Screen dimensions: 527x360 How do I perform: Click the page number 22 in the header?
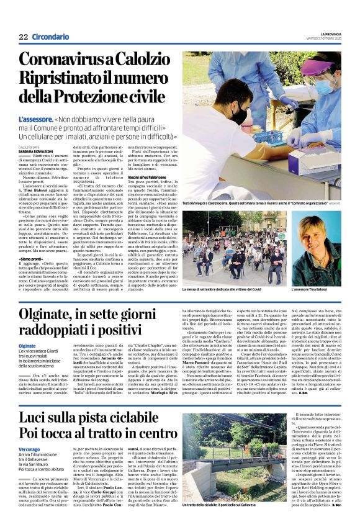[x=23, y=37]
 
